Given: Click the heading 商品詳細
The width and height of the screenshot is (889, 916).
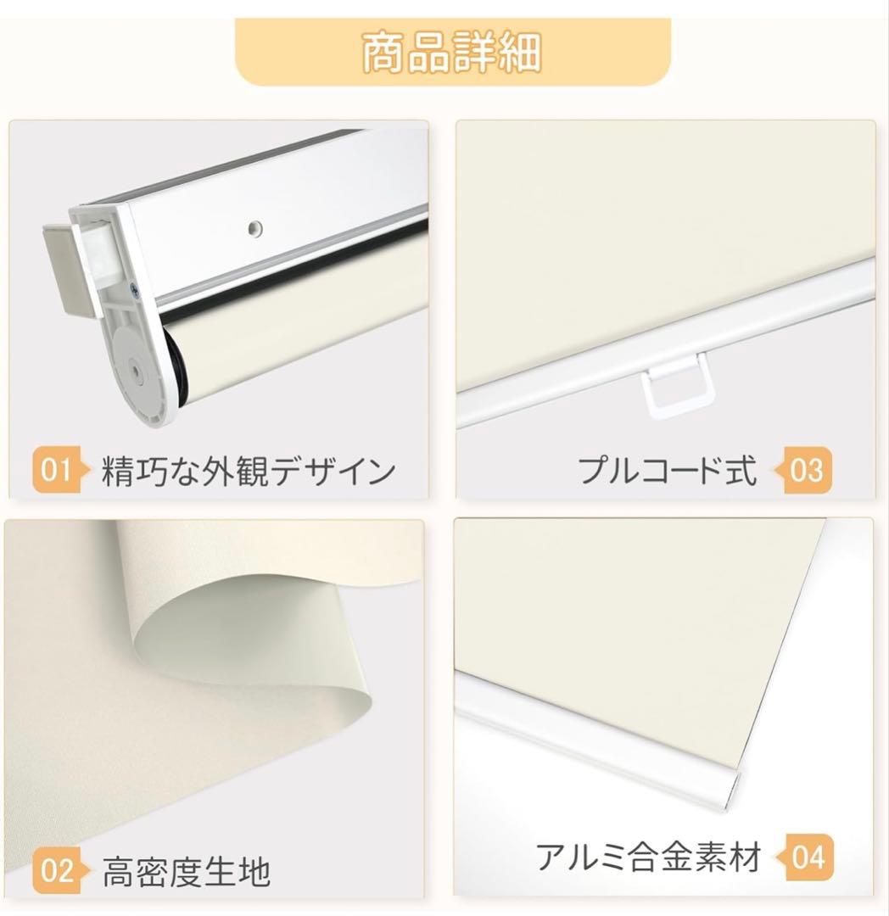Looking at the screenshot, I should point(451,53).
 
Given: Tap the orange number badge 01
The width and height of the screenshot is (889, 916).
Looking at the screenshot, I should point(56,469).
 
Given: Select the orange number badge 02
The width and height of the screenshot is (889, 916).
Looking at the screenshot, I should point(56,870).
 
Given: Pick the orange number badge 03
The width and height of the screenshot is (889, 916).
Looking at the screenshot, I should point(806,469).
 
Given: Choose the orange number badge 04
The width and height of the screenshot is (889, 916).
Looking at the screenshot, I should point(806,857).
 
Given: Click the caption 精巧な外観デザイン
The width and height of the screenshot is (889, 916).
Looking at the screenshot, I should point(249,471).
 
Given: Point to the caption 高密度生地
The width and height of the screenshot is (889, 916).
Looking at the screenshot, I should point(187,871).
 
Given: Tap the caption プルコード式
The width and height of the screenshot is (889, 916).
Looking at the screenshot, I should point(667,470).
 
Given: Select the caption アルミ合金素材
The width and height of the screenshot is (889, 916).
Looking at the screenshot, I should point(648,857).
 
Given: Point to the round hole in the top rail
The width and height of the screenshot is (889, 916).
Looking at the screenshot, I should point(254,227).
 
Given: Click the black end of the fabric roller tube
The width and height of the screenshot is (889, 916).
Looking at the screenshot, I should point(175,365).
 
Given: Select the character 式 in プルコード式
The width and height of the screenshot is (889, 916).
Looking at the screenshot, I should point(741,470).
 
